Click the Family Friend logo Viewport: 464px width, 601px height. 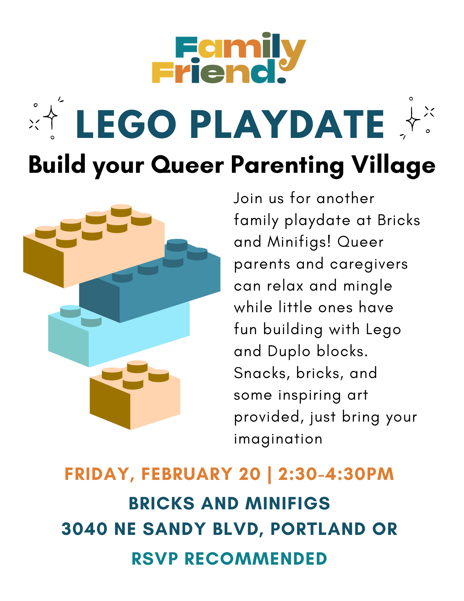click(229, 58)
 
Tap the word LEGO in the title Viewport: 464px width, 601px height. click(126, 124)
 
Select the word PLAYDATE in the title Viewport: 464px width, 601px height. click(287, 124)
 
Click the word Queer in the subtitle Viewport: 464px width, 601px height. click(187, 165)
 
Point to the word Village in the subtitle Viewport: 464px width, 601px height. click(393, 165)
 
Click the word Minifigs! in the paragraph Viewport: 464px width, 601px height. click(299, 242)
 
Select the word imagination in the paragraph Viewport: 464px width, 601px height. click(278, 439)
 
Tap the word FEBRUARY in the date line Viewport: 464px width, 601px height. click(187, 474)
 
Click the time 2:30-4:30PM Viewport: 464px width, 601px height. click(336, 474)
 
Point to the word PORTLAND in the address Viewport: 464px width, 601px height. click(318, 529)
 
